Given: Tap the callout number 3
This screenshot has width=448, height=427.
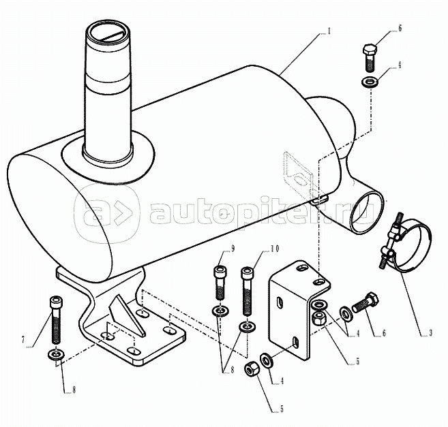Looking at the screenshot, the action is coord(430,332).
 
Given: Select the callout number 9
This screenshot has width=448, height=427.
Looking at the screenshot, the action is coord(233,249).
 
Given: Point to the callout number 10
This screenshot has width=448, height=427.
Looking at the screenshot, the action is coord(275,249).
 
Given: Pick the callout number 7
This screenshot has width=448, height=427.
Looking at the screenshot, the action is coord(23,339).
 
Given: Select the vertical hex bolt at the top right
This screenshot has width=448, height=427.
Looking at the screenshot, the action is coord(370,58).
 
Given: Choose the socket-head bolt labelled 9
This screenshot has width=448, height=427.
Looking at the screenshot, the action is coord(220,283).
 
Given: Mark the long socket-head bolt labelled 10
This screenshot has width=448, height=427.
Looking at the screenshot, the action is coord(248,291).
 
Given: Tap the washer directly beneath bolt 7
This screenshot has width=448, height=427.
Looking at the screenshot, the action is coord(57,354).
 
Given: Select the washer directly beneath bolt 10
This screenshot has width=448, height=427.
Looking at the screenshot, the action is coord(248,326).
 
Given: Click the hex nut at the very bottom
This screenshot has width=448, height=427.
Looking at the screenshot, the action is coord(251,370).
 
